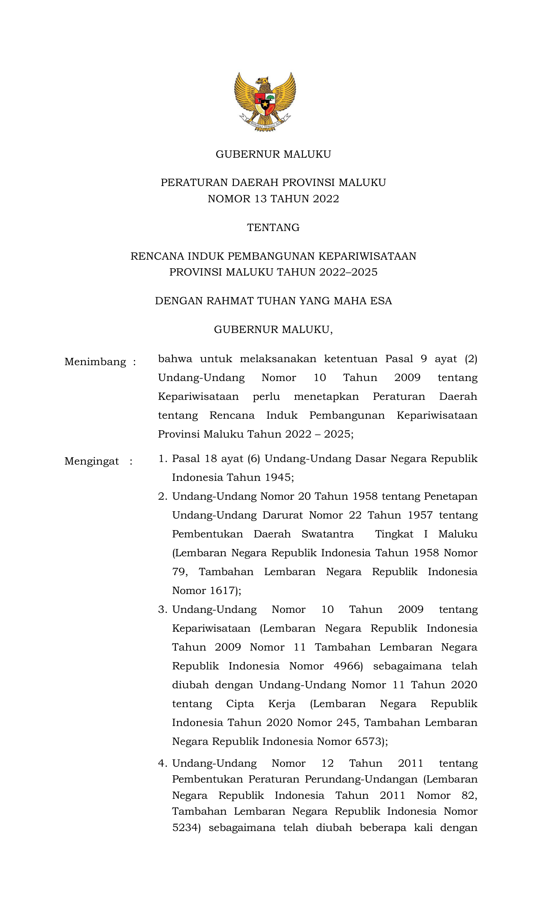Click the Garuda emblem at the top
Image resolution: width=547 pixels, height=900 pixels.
[265, 102]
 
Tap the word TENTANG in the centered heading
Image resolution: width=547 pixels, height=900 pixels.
[273, 228]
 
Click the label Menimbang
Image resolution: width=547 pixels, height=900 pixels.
[95, 362]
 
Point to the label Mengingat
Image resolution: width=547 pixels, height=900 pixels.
[92, 462]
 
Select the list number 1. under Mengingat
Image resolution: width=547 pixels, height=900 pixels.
[163, 459]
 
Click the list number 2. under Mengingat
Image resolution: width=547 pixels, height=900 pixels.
[163, 497]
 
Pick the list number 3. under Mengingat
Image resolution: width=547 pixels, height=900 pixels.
[163, 610]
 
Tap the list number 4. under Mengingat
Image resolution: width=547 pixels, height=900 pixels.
[163, 763]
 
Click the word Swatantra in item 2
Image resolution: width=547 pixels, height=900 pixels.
[328, 534]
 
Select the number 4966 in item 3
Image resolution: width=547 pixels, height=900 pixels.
[348, 666]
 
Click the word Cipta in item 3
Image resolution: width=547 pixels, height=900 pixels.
[240, 704]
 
